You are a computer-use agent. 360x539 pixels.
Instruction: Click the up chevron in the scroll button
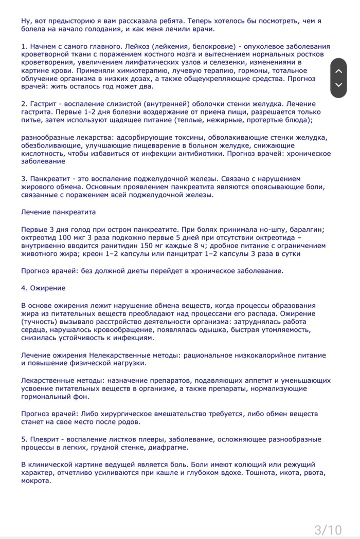click(338, 72)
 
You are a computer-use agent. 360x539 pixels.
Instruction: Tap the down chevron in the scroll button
click(338, 85)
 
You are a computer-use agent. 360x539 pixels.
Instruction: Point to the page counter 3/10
click(328, 529)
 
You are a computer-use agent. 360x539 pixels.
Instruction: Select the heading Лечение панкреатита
click(58, 212)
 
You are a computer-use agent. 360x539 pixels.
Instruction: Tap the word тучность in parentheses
click(41, 321)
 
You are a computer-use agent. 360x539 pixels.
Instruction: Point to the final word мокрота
click(36, 481)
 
